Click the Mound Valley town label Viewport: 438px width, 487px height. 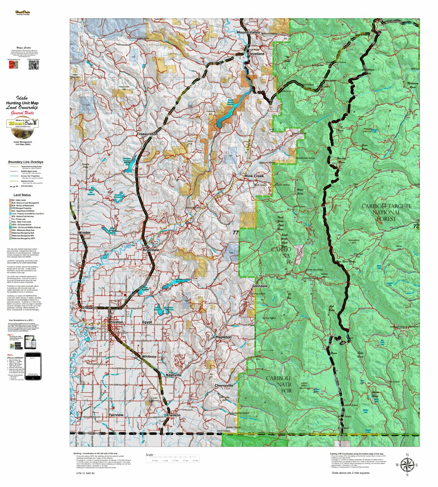coord(248,33)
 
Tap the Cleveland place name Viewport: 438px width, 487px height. coord(255,53)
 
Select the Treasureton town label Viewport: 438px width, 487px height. coord(147,134)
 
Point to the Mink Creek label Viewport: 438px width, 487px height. coord(254,176)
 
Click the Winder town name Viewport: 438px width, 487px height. coord(84,233)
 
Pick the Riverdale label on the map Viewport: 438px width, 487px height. coord(151,250)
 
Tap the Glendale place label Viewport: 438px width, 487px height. coord(260,286)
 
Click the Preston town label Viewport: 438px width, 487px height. coord(116,322)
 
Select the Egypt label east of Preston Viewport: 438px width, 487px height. coord(147,322)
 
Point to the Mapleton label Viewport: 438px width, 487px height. coord(224,337)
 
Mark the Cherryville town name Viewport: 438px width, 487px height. coord(224,386)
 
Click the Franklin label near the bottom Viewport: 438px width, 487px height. coord(173,415)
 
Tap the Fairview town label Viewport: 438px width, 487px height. coord(116,415)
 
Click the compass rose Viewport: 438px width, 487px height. coord(407,465)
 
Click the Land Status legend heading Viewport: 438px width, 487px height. coord(22,195)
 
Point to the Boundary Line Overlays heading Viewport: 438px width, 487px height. coord(26,162)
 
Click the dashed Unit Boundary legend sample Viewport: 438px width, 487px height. coord(14,186)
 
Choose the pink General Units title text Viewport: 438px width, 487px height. coord(22,113)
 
